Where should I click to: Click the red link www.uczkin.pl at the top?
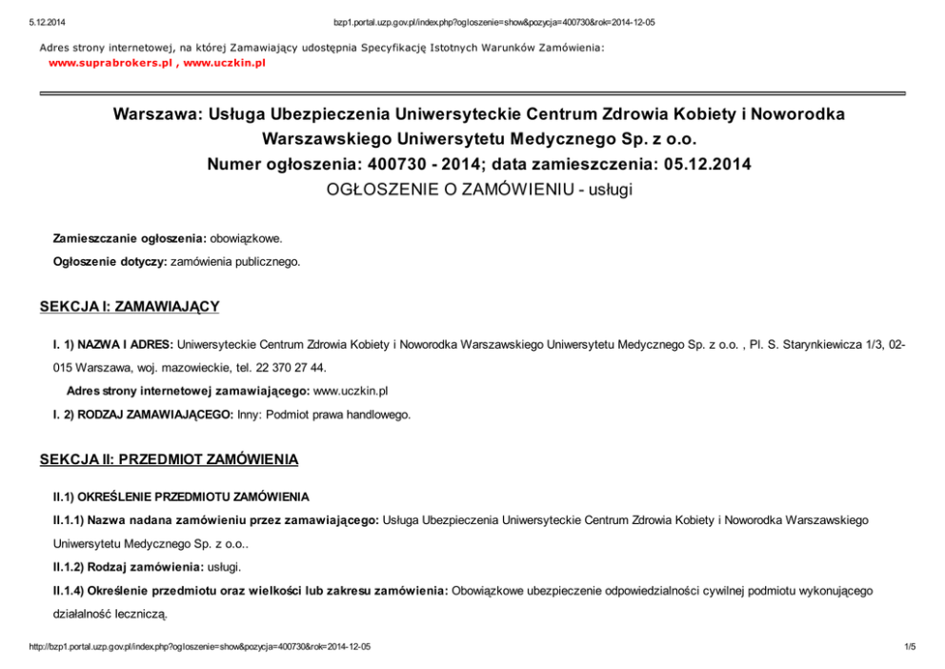(224, 63)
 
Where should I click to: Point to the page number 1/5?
(909, 647)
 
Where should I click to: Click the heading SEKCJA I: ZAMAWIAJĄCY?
(130, 307)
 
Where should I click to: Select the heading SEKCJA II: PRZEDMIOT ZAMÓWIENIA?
(169, 460)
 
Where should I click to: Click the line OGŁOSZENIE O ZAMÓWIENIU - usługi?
(479, 189)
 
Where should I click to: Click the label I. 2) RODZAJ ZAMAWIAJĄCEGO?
(143, 416)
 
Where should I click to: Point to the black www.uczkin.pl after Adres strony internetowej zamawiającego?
(351, 391)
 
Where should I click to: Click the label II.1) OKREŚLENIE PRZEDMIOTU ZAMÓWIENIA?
(181, 497)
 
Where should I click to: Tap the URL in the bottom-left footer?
(200, 647)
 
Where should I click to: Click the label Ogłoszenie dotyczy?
(110, 260)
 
